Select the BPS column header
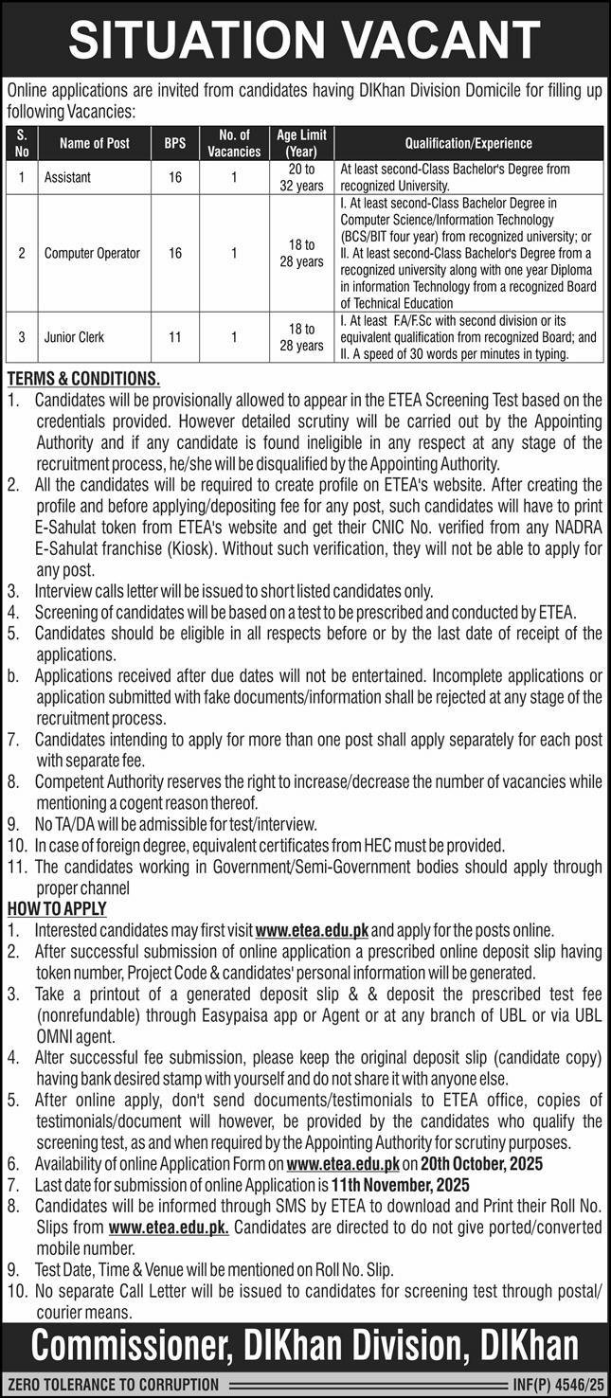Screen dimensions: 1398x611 (174, 144)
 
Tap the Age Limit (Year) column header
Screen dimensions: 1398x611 (301, 143)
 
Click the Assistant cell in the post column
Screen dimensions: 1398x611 (67, 177)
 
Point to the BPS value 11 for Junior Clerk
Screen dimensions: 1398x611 (174, 336)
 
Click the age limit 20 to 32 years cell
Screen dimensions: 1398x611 (301, 177)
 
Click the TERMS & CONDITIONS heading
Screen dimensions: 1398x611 (83, 377)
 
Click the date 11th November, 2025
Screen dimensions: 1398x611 (401, 1185)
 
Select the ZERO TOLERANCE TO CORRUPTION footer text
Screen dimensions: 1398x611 (115, 1384)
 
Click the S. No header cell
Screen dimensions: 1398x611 (23, 144)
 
